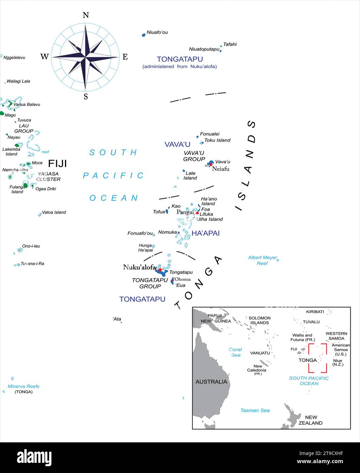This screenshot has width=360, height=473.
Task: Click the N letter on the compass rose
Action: [85, 15]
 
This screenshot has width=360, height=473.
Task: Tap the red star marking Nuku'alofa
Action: [160, 270]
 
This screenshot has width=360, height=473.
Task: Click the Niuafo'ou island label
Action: [157, 33]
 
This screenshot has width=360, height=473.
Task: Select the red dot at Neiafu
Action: [211, 165]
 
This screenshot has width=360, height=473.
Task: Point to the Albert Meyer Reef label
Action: [262, 260]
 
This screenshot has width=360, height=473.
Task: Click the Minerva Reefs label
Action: [24, 386]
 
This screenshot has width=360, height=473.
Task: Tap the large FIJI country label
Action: [57, 164]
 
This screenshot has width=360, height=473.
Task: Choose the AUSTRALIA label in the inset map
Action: [211, 382]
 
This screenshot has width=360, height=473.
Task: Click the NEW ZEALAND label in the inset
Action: [310, 420]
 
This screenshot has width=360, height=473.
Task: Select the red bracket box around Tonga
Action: [318, 358]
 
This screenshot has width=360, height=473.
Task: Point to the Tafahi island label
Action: [230, 44]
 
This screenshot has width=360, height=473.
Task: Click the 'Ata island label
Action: [117, 319]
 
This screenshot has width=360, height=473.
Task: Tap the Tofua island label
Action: [159, 212]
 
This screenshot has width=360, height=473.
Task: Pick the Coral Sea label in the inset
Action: [235, 352]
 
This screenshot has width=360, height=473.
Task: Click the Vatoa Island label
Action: [54, 212]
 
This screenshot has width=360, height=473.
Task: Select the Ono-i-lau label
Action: [31, 246]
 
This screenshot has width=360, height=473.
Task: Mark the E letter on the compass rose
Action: [125, 57]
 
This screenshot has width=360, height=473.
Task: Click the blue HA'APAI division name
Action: [205, 233]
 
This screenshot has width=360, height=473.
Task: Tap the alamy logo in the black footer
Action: [34, 458]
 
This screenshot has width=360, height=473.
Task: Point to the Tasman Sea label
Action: [255, 410]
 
